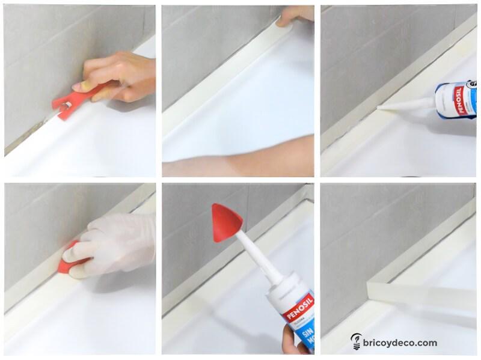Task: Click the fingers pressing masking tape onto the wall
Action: (x=295, y=16)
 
